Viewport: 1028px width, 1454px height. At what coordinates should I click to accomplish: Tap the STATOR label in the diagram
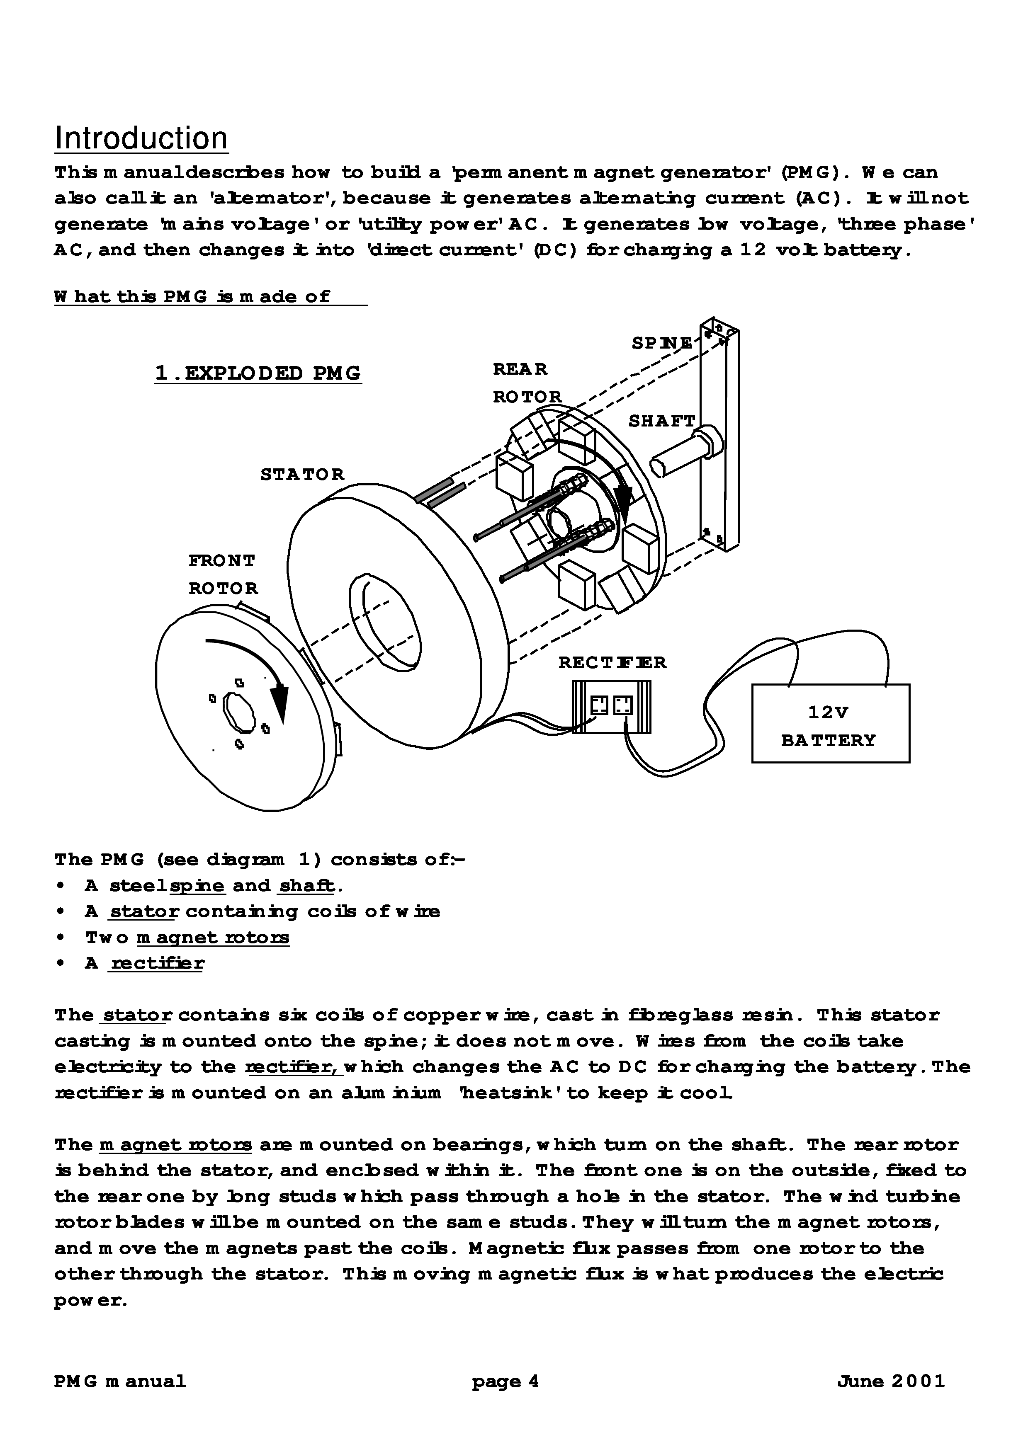pyautogui.click(x=302, y=474)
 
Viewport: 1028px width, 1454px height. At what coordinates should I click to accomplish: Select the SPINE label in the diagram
pyautogui.click(x=662, y=343)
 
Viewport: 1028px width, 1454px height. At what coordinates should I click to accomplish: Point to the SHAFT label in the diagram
pyautogui.click(x=661, y=421)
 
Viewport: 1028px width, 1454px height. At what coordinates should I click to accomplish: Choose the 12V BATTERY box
pyautogui.click(x=830, y=723)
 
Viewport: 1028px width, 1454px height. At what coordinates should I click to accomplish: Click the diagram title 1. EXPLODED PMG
pyautogui.click(x=258, y=373)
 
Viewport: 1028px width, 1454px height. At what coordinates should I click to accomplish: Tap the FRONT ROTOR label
pyautogui.click(x=223, y=574)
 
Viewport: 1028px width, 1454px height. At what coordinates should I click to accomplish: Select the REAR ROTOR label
pyautogui.click(x=527, y=383)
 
